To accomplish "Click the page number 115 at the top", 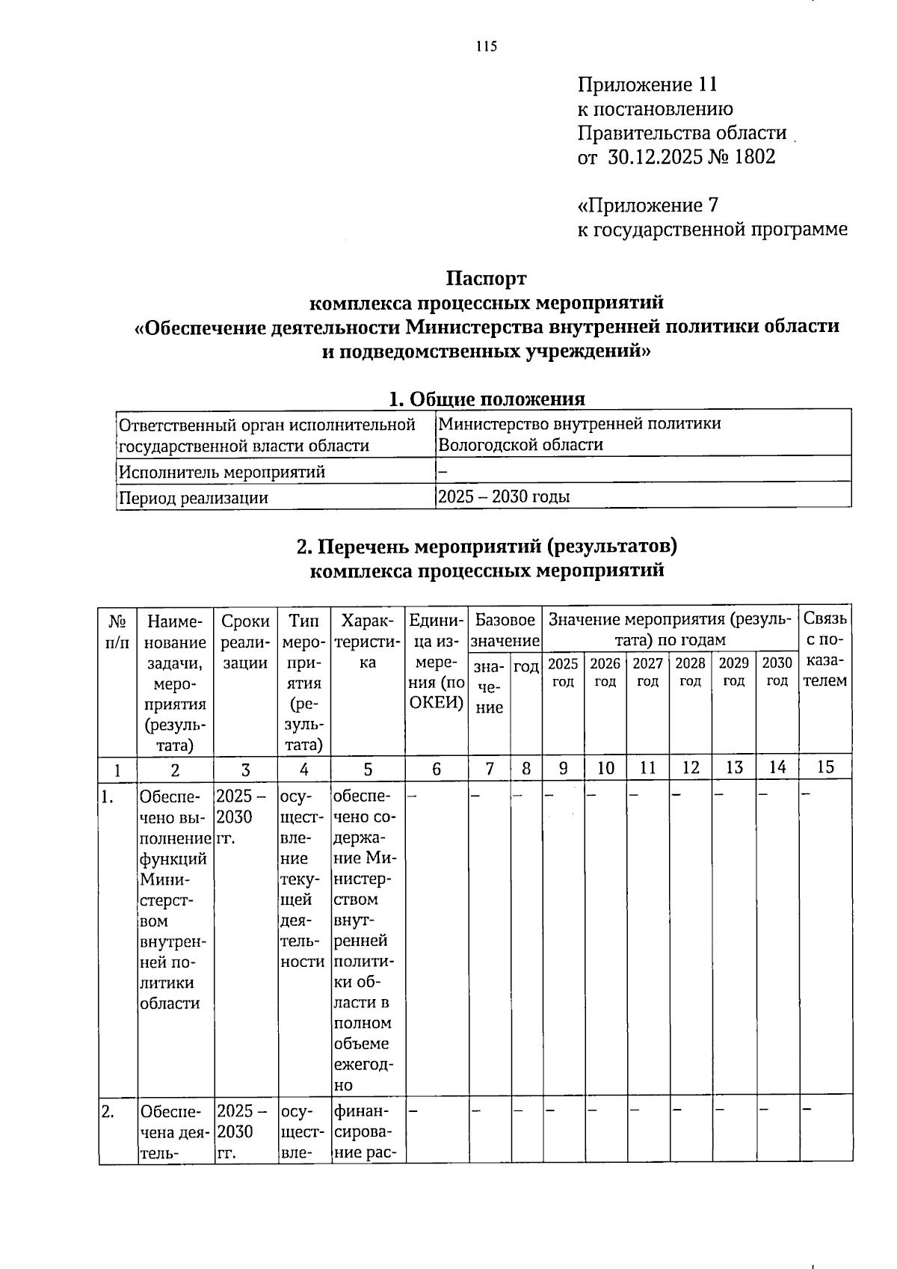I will click(x=486, y=47).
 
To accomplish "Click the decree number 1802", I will click(x=752, y=157).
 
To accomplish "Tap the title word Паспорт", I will click(x=486, y=279).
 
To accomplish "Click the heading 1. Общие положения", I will click(x=486, y=398).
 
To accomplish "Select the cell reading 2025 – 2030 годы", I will click(x=504, y=497).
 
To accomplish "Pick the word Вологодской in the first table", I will click(x=481, y=446).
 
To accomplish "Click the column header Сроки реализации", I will click(x=245, y=642).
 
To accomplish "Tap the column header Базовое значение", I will click(x=505, y=630).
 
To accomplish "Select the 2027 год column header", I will click(x=648, y=672).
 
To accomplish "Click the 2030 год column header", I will click(x=777, y=672).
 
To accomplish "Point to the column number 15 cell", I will click(x=825, y=767).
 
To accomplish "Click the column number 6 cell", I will click(x=437, y=768).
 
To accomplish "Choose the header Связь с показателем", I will click(x=825, y=649).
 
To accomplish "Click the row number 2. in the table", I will click(x=109, y=1112).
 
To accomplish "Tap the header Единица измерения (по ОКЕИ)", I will click(x=437, y=662).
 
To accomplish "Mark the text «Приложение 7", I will click(x=648, y=205).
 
